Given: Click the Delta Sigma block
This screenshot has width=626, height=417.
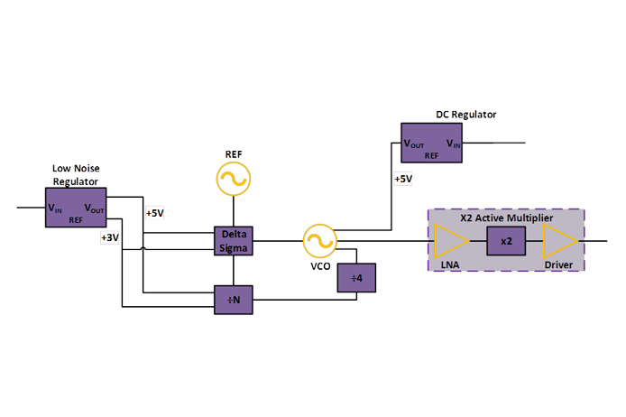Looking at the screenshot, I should coord(233,241).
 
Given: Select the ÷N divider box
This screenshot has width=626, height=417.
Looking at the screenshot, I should coord(233,300).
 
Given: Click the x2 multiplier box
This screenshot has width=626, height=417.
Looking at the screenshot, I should coord(506,241).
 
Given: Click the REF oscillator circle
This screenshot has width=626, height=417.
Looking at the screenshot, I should coord(233,180).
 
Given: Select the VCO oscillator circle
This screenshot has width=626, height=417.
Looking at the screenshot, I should coord(318,241).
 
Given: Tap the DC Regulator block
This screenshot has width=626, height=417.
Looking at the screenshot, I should coord(431,144).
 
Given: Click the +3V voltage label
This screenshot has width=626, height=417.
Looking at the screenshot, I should coord(109,237).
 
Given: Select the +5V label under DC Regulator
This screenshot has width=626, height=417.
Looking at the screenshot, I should coord(402,179).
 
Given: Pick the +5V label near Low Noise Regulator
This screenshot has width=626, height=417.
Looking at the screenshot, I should coord(154,213).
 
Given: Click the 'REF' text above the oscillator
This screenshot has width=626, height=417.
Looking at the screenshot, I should coord(233,153).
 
